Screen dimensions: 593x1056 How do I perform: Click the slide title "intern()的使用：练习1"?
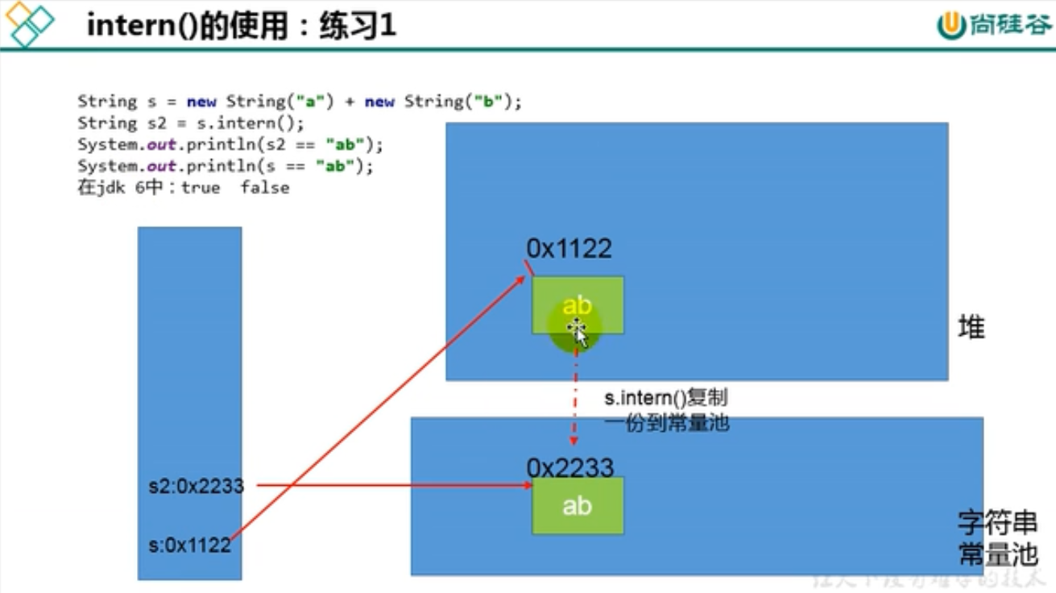coord(241,26)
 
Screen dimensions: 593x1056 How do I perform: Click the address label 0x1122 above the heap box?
coord(569,248)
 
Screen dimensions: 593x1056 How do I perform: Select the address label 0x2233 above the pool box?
coord(569,467)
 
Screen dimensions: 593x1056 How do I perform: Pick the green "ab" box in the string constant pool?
coord(577,506)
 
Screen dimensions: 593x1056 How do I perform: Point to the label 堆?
coord(971,327)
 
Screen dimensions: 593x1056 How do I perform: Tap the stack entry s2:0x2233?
coord(196,486)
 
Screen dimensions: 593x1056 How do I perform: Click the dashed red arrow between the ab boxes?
coord(574,403)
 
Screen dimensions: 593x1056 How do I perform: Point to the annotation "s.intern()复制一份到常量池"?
coord(666,411)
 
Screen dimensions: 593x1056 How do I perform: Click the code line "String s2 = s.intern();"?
coord(190,123)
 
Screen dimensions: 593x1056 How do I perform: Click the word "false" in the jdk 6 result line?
coord(264,188)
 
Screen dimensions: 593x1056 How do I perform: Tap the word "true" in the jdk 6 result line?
coord(200,188)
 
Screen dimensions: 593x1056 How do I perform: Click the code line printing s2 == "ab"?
coord(230,145)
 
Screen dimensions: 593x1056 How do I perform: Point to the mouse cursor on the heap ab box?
coord(576,330)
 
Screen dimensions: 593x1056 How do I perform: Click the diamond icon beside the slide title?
coord(28,23)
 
